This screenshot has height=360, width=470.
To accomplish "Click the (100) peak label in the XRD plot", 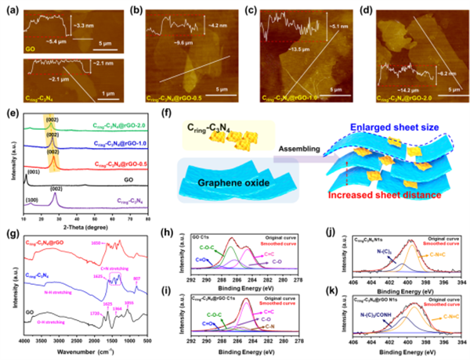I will pyautogui.click(x=30, y=201).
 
